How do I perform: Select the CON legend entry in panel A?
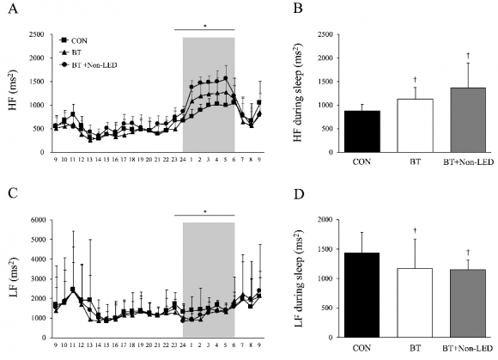coord(76,40)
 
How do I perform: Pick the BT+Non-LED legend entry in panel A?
coord(88,64)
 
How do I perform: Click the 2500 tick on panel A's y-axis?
coord(37,35)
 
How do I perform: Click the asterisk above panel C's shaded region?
coord(204,211)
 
